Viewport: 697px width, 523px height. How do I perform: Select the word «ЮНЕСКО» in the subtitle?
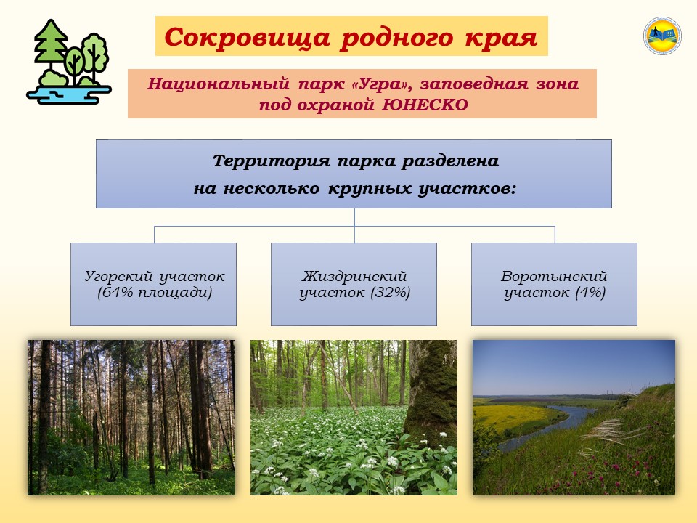[x=425, y=105]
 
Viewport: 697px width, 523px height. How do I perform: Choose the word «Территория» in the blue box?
[x=271, y=161]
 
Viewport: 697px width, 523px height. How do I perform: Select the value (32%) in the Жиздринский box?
[x=390, y=293]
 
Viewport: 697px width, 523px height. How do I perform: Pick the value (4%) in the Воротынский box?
[x=590, y=293]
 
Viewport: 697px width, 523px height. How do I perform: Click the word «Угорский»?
[x=118, y=276]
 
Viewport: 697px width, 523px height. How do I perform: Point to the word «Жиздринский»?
[x=354, y=276]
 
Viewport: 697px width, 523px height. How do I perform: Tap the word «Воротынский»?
[x=554, y=276]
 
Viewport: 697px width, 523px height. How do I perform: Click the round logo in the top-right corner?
[x=662, y=36]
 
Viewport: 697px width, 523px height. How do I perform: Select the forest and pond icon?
[x=69, y=62]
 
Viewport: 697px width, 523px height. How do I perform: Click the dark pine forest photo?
[x=131, y=418]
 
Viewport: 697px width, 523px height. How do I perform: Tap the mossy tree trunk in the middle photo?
[x=431, y=392]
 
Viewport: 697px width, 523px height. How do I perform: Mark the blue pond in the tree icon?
[x=69, y=94]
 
